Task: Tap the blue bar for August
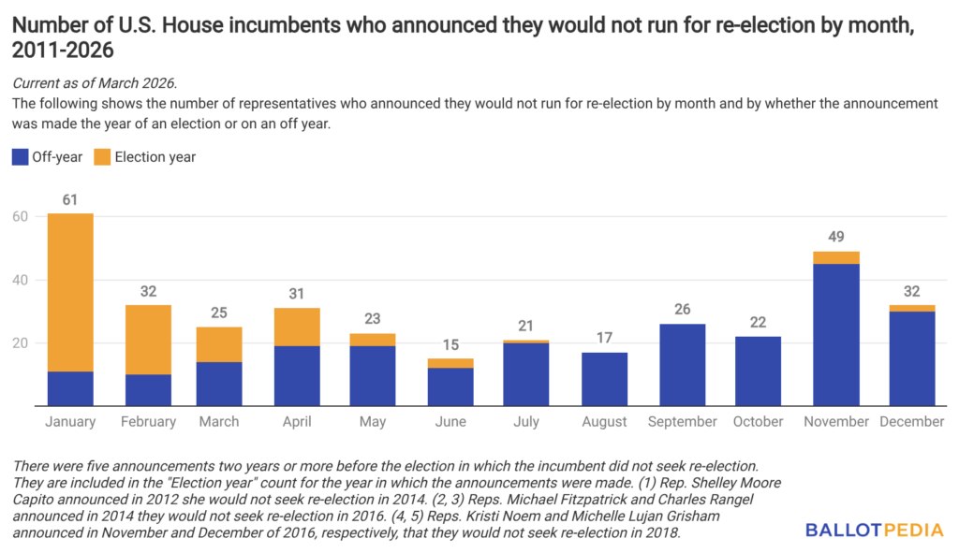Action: click(x=604, y=379)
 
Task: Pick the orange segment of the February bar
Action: click(x=147, y=339)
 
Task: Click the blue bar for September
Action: click(x=682, y=365)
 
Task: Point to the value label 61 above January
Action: click(x=70, y=199)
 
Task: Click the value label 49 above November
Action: click(x=836, y=237)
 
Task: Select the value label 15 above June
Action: click(x=450, y=344)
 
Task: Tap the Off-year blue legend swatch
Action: click(x=21, y=157)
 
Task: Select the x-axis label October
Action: click(x=758, y=422)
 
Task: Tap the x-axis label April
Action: click(x=298, y=422)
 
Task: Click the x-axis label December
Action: click(x=912, y=422)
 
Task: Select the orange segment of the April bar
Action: click(x=298, y=327)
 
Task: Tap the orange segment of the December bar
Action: click(x=912, y=308)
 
